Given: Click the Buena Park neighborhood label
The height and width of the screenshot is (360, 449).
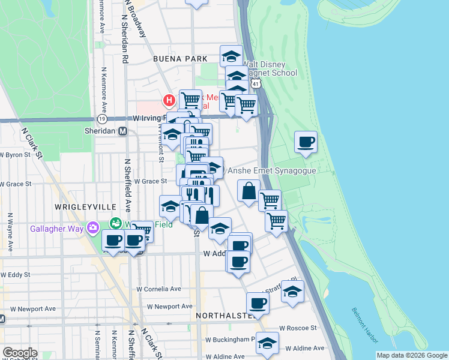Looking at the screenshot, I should pyautogui.click(x=180, y=59).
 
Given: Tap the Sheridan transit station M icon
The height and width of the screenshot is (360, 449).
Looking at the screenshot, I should pyautogui.click(x=123, y=131).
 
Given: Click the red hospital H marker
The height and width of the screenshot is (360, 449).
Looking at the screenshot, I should pyautogui.click(x=169, y=100).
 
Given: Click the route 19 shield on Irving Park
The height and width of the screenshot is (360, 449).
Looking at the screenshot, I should pyautogui.click(x=103, y=119).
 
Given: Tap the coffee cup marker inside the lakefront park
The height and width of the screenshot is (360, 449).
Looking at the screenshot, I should pyautogui.click(x=306, y=142).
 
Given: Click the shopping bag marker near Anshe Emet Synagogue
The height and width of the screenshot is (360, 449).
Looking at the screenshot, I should pyautogui.click(x=249, y=192).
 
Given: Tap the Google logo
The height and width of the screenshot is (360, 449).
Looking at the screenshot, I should pyautogui.click(x=19, y=353).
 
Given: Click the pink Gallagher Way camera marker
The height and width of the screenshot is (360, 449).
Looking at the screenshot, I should pyautogui.click(x=92, y=228).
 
